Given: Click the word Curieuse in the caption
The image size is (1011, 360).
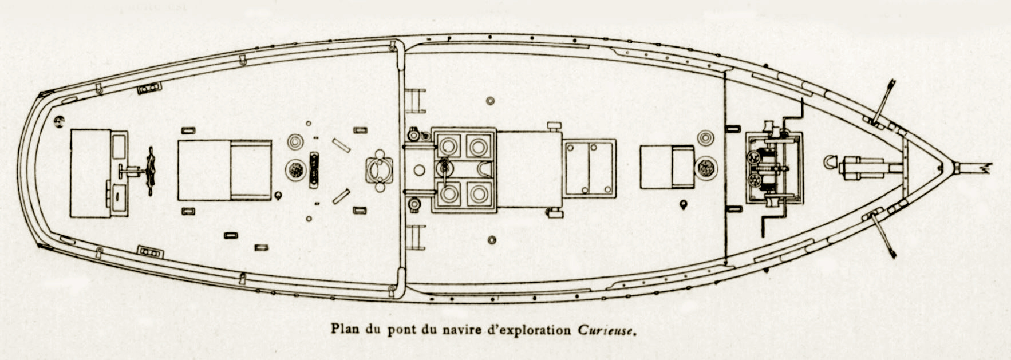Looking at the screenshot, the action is point(607,330).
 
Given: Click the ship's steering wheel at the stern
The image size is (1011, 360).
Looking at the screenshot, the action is point(151,171).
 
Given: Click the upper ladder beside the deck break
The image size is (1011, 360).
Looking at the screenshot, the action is point(415,101).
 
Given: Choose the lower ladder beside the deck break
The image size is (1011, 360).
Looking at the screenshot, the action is point(415,237).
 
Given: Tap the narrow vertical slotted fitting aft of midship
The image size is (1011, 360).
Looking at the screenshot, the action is point(314,171).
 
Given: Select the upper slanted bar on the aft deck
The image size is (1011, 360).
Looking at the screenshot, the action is point(341,145).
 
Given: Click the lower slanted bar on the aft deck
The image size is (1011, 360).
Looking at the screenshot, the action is point(341,196).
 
